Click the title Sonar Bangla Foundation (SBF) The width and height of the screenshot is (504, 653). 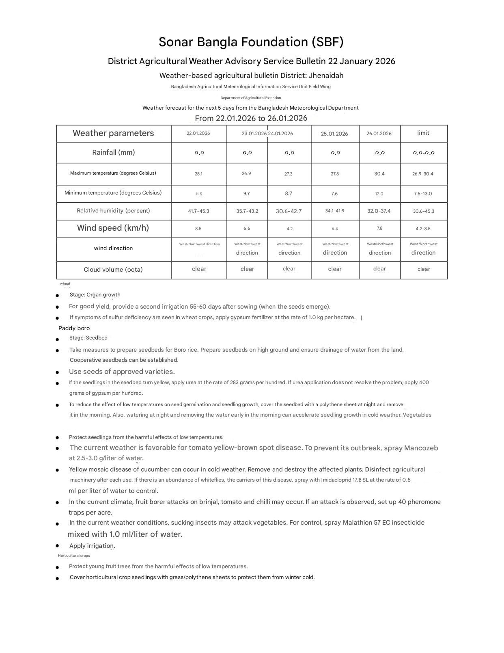251,42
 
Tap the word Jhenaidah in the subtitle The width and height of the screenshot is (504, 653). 326,76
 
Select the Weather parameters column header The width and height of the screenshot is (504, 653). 113,133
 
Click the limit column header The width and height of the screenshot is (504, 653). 423,133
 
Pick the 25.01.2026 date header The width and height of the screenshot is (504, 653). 334,134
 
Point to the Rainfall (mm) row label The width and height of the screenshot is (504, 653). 113,152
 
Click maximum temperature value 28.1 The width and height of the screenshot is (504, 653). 198,174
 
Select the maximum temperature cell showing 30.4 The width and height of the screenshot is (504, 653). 379,173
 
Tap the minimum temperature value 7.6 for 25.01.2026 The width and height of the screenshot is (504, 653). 334,194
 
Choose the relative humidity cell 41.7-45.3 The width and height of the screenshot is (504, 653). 198,211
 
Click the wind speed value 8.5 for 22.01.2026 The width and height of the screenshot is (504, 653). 198,229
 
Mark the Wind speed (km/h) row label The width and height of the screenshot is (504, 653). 113,228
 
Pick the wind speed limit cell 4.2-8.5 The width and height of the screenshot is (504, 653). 423,229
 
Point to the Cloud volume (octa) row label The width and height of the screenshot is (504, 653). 113,270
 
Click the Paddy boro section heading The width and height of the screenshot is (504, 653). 74,328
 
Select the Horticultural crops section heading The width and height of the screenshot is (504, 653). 74,556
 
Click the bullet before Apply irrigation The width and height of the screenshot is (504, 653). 58,546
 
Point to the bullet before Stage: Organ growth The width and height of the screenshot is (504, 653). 58,295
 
